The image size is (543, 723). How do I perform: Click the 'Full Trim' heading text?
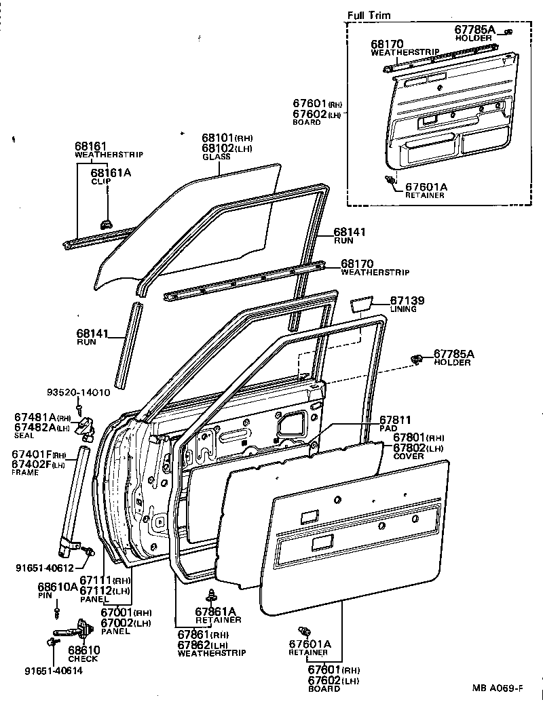pos(369,15)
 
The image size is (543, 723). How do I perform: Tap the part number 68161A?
pos(111,172)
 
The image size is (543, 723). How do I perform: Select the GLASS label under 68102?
pos(217,157)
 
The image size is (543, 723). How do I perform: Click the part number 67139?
pos(407,300)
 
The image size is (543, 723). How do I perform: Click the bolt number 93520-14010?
pos(79,393)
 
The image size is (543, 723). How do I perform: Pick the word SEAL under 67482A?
pos(24,435)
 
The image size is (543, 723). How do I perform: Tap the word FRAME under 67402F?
pos(25,472)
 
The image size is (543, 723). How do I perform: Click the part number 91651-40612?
pos(45,568)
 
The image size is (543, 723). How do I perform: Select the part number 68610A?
pos(58,587)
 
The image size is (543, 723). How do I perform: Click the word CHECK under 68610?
pos(83,659)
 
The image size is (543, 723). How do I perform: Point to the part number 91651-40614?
pos(54,671)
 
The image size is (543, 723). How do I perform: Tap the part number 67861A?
pos(215,611)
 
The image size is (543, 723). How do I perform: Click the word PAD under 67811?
pos(388,429)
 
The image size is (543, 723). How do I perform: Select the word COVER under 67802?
pos(409,456)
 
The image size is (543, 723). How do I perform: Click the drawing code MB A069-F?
pos(498,688)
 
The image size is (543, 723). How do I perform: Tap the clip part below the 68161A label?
pos(106,224)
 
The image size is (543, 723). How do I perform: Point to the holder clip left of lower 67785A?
pos(417,359)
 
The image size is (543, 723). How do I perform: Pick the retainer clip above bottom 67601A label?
pos(305,631)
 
